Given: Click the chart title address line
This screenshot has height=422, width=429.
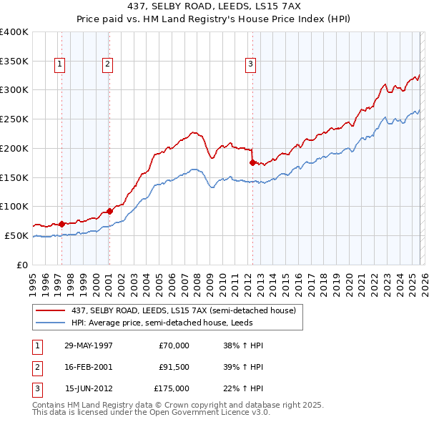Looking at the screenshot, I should click(214, 6).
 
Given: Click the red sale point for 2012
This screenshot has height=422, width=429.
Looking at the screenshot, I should click(252, 162).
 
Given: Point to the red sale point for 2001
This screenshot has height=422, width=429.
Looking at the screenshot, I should click(109, 211).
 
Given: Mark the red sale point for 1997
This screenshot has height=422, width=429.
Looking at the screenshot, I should click(62, 223).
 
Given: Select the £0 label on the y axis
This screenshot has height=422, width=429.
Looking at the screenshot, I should click(21, 265).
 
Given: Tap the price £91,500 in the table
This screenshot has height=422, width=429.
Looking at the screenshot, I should click(174, 367).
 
